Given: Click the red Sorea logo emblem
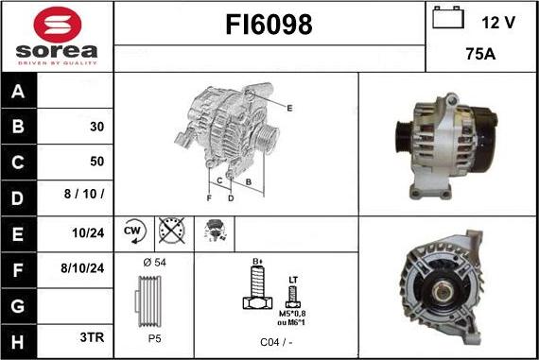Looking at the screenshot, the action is click(x=58, y=25).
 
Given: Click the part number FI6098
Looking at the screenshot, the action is click(x=269, y=25).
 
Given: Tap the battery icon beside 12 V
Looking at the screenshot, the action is click(x=448, y=18).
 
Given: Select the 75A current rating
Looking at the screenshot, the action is click(x=480, y=54).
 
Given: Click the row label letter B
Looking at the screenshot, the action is click(x=18, y=126).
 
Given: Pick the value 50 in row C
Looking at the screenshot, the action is click(x=97, y=162).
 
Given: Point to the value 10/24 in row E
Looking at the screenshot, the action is click(x=88, y=232).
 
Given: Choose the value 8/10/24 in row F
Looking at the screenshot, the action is click(x=82, y=268).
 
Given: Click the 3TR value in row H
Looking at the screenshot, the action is click(x=92, y=337).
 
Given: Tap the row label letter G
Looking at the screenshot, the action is click(x=18, y=306).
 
